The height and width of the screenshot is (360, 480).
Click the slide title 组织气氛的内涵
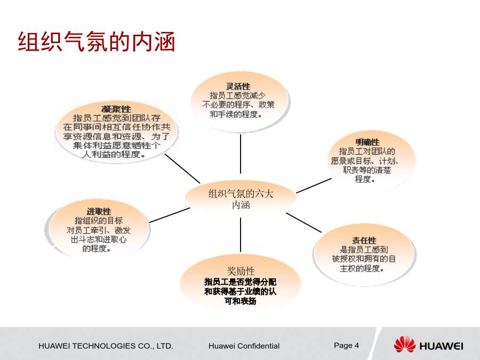coord(97,42)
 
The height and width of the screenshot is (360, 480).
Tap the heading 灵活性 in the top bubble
coord(238,86)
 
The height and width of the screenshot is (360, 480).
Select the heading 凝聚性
coord(116,109)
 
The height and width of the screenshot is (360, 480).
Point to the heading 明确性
coord(367,142)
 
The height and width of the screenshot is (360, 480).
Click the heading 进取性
coord(99,212)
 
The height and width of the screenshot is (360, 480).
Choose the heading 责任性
coord(364,241)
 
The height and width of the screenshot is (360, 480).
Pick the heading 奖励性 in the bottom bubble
coord(241,271)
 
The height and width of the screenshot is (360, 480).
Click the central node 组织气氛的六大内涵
coord(241,199)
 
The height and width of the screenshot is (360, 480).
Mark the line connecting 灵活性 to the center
coord(241,154)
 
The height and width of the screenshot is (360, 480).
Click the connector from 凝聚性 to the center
coord(182,169)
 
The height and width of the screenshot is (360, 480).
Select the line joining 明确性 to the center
coord(314,186)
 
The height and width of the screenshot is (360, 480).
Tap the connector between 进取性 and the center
coord(170,215)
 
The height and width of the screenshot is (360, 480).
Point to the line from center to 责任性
coord(303,222)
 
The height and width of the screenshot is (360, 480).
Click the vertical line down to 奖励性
coord(241,235)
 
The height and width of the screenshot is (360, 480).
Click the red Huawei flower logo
coord(404,345)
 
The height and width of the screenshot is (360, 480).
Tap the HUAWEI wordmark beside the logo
coord(441,346)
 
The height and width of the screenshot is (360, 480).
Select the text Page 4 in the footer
coord(346,346)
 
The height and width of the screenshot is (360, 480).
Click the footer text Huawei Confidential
coord(244,346)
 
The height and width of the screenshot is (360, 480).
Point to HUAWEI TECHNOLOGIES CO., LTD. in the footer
coord(106,346)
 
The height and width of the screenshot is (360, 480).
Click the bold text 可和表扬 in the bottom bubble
coord(241,301)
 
